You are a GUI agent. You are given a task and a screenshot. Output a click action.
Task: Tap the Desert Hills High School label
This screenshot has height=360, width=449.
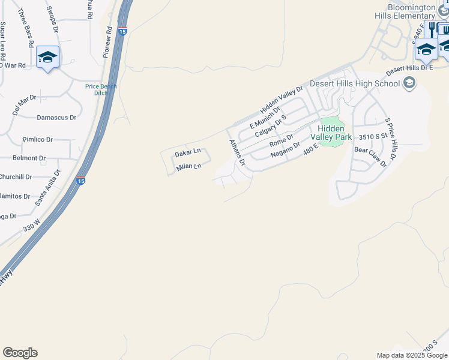pos(354,84)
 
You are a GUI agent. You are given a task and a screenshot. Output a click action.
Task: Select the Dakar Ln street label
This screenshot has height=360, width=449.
pos(187,154)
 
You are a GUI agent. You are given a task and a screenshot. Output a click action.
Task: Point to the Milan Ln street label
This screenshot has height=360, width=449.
pos(189,167)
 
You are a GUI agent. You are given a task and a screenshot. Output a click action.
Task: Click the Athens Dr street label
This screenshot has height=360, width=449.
pos(238,152)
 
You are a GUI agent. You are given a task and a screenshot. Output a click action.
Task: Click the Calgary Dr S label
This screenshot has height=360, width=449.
pos(271,126)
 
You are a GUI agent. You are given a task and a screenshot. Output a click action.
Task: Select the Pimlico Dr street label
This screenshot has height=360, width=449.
pos(38,139)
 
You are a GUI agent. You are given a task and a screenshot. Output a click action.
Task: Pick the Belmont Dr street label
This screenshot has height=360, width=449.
pos(29,158)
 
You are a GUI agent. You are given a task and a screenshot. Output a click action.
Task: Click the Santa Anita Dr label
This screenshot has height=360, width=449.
pos(48,188)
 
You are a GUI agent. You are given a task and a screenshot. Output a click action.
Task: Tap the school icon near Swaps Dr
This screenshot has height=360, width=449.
pos(47,58)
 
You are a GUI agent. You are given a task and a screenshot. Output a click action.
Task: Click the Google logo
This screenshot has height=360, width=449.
pos(20,353)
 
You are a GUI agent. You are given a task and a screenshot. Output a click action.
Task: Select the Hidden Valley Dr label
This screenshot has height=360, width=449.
pos(282,100)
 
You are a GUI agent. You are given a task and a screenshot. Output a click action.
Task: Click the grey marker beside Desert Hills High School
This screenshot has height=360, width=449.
pos(410,83)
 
